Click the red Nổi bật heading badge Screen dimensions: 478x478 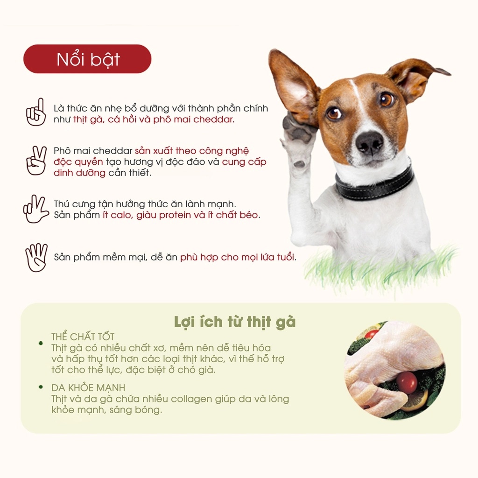tap(87, 59)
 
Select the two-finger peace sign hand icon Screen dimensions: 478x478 tap(36, 161)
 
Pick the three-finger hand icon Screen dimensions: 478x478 tap(36, 209)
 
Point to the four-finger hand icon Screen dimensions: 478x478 tap(36, 257)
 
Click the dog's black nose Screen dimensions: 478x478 tap(369, 142)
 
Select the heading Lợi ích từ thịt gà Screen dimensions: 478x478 tap(235, 323)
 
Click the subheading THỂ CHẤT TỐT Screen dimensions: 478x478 tap(83, 337)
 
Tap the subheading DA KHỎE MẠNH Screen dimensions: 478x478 tap(88, 388)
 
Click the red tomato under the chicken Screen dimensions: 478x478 tap(407, 382)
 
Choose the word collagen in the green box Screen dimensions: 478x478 tap(193, 399)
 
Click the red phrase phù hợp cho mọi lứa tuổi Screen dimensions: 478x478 tap(238, 257)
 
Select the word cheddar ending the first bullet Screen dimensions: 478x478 tap(213, 119)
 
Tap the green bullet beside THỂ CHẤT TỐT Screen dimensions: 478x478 tap(41, 343)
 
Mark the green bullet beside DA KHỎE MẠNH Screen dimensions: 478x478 tap(41, 387)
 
